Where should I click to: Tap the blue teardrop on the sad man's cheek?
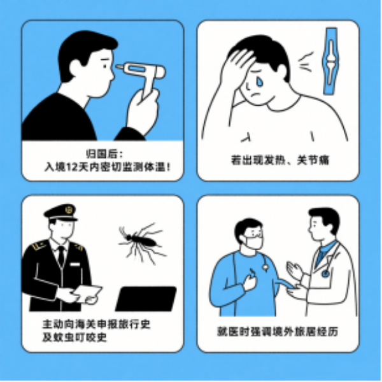coord(260,82)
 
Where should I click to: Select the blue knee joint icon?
coord(330,61)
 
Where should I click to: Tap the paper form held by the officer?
coord(88,294)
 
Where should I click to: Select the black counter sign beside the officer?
coord(146,299)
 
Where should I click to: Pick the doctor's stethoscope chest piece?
coord(325,274)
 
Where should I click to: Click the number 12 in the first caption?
coord(72,167)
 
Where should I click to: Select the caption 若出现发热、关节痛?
coord(280,160)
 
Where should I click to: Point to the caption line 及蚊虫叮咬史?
coord(74,337)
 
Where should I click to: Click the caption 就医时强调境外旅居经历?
coord(278,332)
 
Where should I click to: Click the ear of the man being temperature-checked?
coord(75,66)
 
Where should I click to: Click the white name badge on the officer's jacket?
coord(74,264)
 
